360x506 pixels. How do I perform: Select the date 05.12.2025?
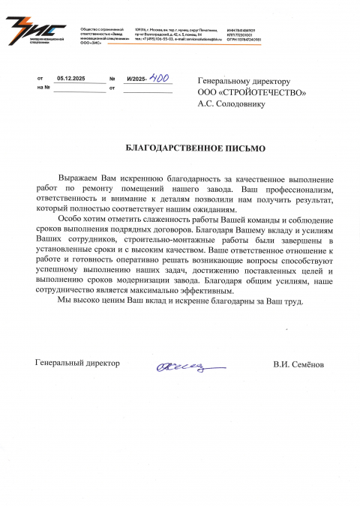click(71, 78)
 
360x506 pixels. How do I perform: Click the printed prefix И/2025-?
click(137, 78)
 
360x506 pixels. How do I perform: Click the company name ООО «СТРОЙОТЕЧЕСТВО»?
click(251, 93)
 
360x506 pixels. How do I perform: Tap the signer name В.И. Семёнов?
click(298, 364)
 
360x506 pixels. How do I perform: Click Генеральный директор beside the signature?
click(77, 363)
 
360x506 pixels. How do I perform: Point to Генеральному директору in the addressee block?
click(243, 81)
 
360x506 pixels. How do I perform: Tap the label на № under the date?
click(43, 88)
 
